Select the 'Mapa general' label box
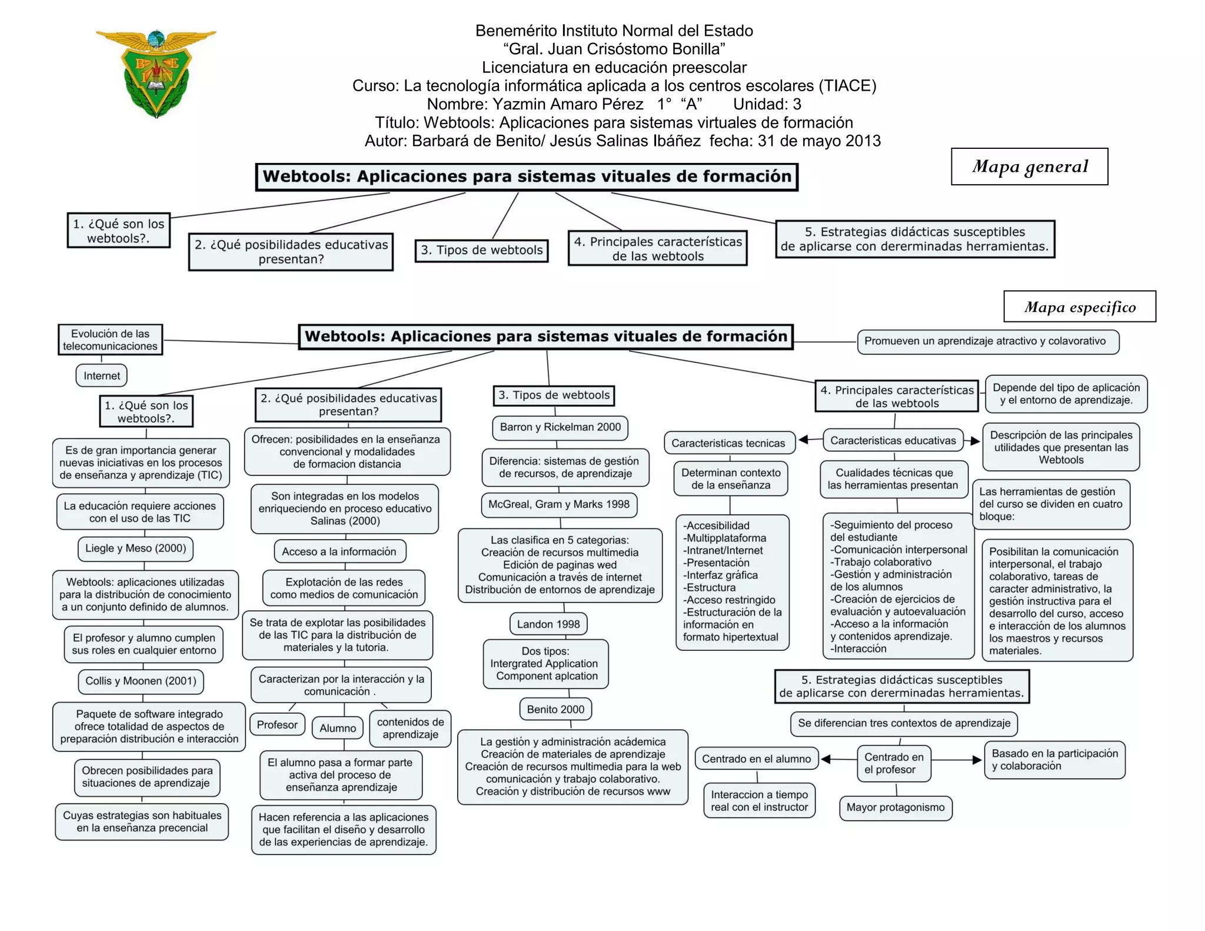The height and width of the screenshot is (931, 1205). point(1029,167)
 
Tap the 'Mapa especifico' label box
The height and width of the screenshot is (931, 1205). point(1079,307)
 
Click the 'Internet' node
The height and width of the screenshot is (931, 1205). point(101,375)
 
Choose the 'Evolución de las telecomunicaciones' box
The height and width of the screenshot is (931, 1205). point(110,340)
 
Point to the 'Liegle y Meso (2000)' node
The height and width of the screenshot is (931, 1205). point(135,548)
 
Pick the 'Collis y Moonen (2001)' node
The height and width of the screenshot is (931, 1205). point(141,681)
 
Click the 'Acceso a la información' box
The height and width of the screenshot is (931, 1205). point(339,551)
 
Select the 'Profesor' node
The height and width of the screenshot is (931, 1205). point(277,725)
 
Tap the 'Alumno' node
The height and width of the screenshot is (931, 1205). point(338,728)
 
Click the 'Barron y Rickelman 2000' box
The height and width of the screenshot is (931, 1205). point(560,427)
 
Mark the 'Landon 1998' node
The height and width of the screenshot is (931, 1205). point(548,624)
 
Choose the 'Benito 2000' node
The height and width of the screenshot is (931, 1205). point(555,709)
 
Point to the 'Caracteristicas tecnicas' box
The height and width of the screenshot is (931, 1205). point(728,443)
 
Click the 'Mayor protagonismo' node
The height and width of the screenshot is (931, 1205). point(895,807)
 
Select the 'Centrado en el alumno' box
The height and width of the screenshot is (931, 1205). point(756,759)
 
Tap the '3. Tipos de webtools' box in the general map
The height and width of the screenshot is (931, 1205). point(481,250)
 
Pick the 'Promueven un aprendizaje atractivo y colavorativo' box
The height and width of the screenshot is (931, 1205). point(987,341)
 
